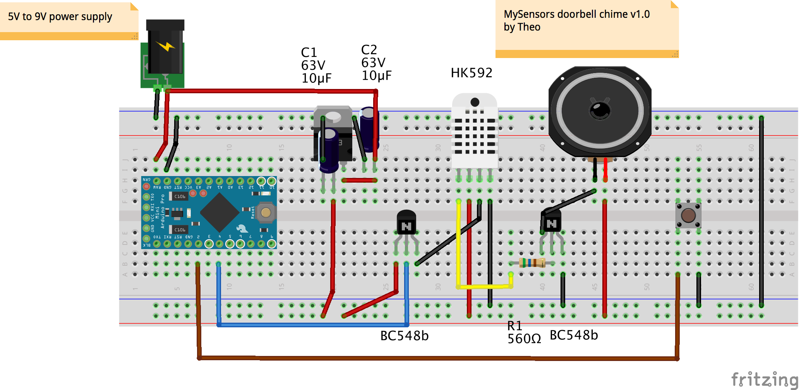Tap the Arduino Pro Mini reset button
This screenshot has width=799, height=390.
[x=266, y=212]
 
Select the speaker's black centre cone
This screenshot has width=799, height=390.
[x=600, y=111]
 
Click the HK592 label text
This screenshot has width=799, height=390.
[x=471, y=73]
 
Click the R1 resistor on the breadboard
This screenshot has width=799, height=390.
[x=532, y=263]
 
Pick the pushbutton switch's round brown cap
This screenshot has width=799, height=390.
[x=688, y=216]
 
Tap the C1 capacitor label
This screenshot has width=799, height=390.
[x=316, y=65]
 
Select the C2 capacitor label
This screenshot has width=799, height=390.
[x=376, y=63]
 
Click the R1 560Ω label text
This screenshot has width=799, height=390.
[x=524, y=333]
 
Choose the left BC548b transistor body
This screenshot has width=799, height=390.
[x=406, y=223]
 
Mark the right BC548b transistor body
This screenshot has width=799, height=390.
[x=551, y=221]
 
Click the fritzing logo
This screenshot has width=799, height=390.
[x=764, y=379]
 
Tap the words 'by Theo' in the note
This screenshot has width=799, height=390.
[x=522, y=27]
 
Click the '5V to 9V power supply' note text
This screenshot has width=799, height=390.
[x=60, y=17]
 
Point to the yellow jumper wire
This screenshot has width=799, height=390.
[x=459, y=248]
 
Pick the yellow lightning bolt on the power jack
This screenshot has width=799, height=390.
[x=166, y=46]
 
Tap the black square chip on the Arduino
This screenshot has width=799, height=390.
[x=219, y=212]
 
